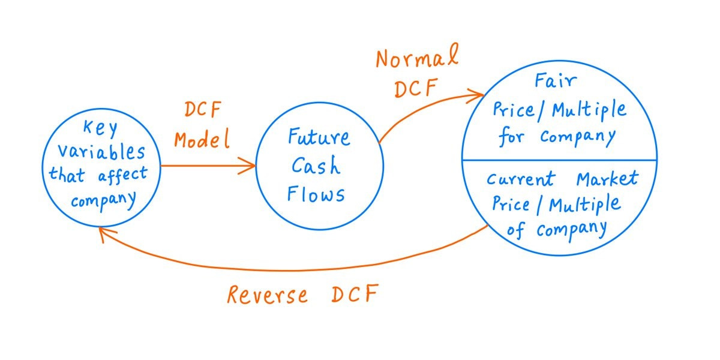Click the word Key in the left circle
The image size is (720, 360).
100,128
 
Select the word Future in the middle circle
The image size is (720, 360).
319,138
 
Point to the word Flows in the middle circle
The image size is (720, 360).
316,193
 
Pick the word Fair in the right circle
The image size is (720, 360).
559,84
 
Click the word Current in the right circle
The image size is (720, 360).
520,179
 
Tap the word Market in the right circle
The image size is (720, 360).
607,178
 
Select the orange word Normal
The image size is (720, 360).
416,61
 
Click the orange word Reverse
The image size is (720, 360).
267,295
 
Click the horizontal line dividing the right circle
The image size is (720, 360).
559,160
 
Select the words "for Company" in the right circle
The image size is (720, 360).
558,136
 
